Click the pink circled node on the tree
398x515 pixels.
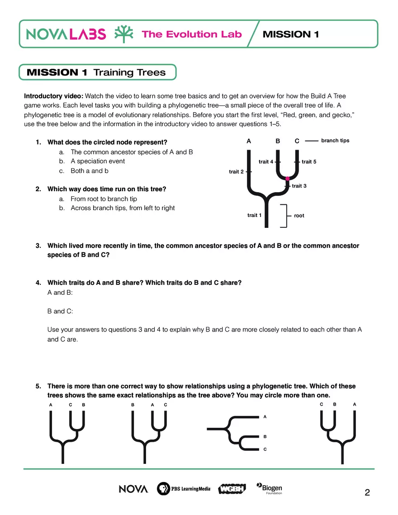287,179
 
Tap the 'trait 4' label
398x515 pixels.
266,162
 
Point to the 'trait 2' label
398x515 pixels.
236,172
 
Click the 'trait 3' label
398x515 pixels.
299,186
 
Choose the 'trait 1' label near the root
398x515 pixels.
255,215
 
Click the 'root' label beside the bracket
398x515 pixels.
299,216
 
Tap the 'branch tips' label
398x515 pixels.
335,141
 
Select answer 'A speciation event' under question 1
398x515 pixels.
98,161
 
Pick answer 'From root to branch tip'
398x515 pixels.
104,199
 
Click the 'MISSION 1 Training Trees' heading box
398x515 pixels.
97,72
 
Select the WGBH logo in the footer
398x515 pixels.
232,489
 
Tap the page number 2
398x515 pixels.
367,493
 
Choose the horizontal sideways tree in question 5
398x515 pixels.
235,433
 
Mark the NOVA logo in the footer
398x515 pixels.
133,489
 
